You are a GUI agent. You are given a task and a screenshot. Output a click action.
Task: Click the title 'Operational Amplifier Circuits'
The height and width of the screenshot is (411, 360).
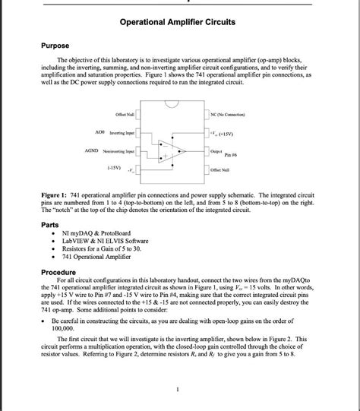point(177,22)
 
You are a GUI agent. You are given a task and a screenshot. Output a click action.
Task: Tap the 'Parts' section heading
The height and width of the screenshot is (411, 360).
point(52,225)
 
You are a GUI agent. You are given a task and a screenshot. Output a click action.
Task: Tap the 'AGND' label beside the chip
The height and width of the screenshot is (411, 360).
point(97,151)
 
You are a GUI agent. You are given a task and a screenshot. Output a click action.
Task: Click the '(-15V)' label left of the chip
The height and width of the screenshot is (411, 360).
point(115,168)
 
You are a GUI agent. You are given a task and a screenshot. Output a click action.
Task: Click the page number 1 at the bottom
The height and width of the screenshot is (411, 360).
point(177,390)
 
